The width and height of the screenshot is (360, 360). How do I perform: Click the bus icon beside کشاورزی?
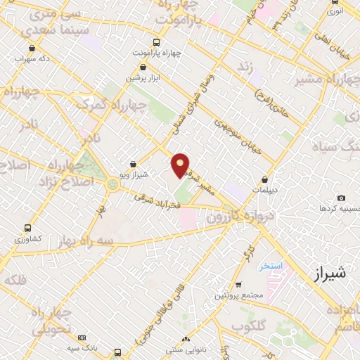pos(28,228)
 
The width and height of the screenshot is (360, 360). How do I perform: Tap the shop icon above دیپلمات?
pos(264,180)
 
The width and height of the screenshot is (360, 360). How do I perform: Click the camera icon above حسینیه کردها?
pos(341,198)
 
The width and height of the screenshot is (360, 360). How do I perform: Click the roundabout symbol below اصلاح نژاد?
pos(112,185)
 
